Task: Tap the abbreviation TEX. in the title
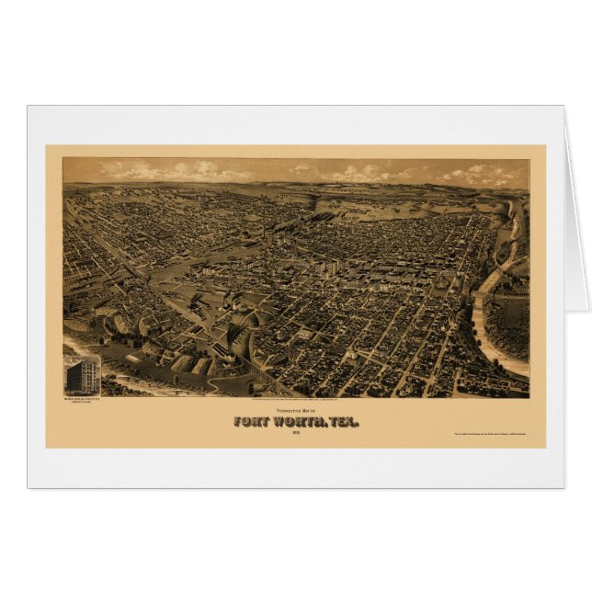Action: (x=341, y=422)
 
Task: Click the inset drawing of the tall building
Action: (x=83, y=374)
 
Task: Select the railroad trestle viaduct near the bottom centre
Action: (x=262, y=368)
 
